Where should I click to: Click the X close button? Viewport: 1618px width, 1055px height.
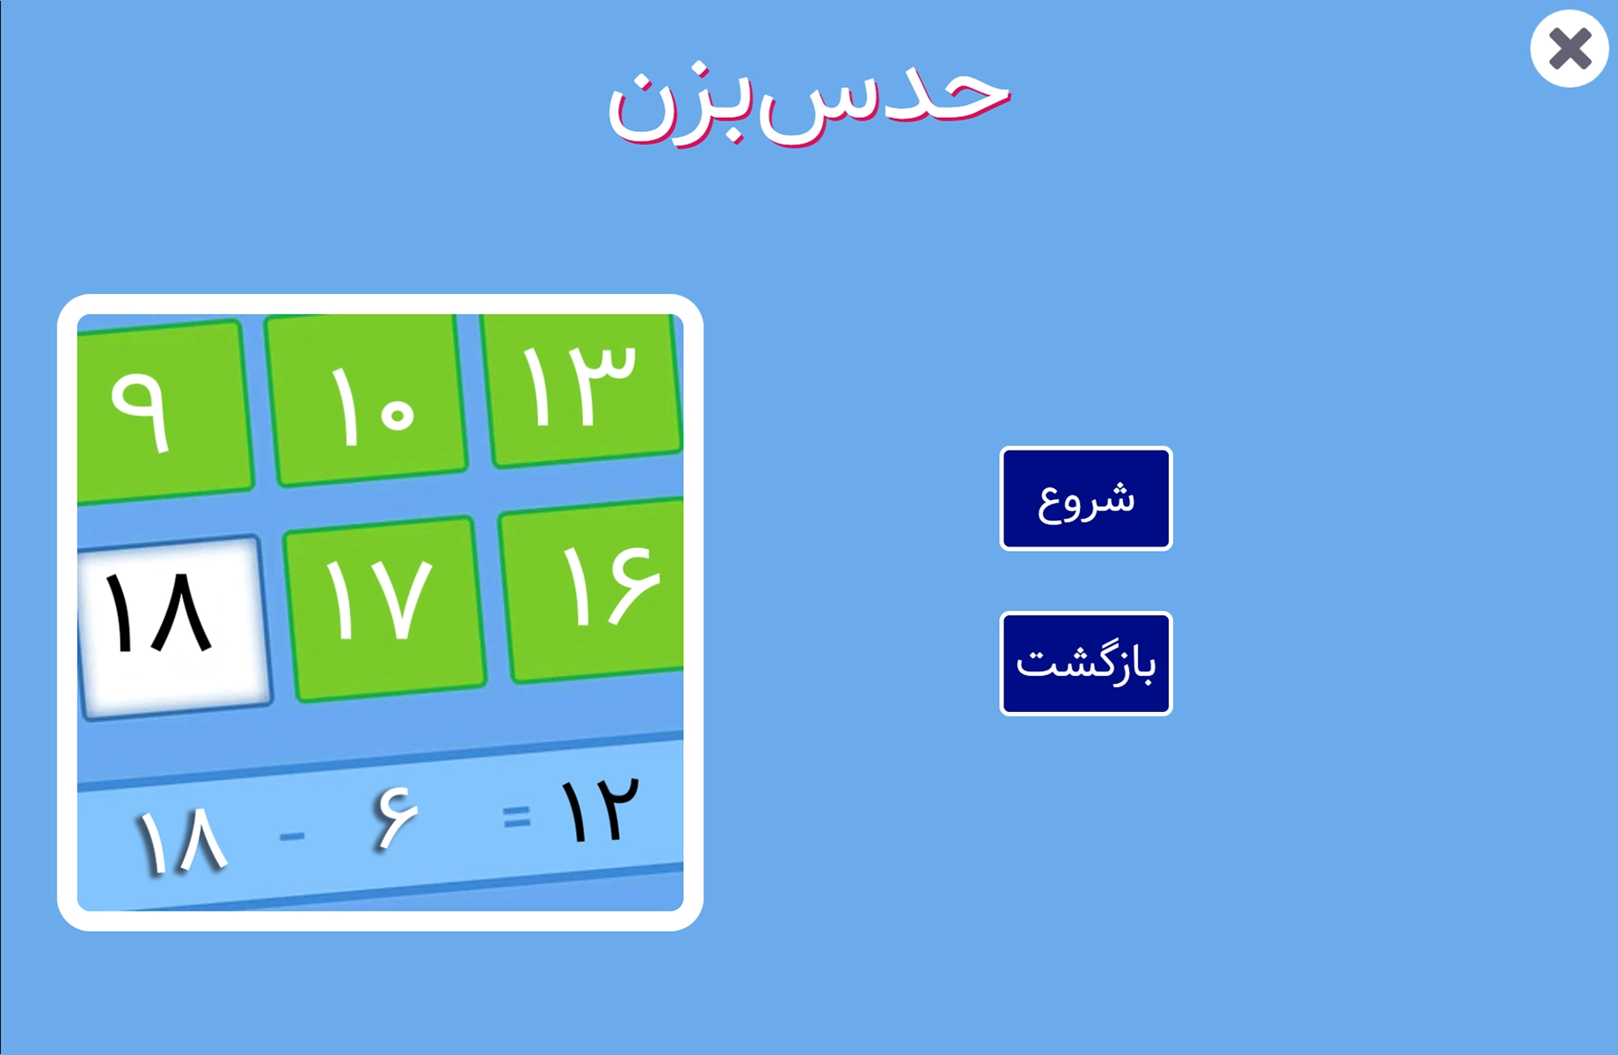click(1569, 48)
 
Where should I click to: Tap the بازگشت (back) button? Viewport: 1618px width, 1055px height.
click(1086, 663)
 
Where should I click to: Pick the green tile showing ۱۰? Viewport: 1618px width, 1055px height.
click(368, 400)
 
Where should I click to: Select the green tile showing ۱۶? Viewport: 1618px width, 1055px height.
click(593, 590)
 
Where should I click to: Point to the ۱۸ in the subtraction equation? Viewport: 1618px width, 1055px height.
click(182, 841)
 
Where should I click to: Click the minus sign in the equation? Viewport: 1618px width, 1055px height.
click(292, 835)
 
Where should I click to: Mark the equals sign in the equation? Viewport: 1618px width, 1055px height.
click(517, 817)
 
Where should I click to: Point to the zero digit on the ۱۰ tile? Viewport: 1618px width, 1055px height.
click(399, 414)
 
